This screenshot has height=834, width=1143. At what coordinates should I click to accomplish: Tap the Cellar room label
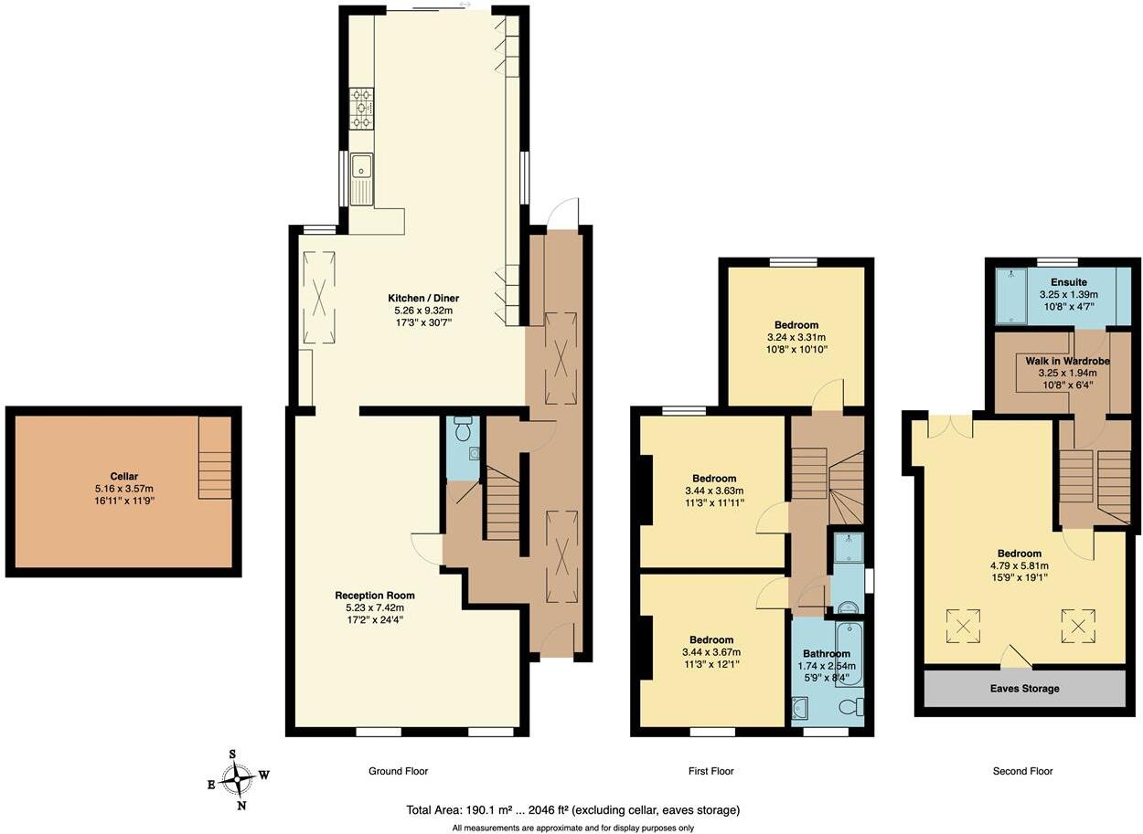123,476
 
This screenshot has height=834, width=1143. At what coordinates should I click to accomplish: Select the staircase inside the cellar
215,459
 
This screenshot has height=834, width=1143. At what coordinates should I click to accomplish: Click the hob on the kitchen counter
361,108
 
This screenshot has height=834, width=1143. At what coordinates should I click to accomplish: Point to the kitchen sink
362,167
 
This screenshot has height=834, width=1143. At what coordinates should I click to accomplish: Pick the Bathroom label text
827,654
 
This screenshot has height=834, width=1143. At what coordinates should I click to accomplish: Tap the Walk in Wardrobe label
1062,361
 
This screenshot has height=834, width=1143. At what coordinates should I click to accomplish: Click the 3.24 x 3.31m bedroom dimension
796,337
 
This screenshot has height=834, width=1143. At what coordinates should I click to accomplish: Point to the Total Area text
572,809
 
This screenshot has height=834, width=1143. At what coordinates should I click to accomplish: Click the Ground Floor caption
398,771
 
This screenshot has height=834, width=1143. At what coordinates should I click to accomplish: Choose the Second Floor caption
1022,771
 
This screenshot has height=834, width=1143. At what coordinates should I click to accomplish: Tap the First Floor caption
710,771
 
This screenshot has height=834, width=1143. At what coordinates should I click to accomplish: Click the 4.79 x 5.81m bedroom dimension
1019,565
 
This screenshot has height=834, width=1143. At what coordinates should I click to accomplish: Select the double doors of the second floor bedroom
948,426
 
